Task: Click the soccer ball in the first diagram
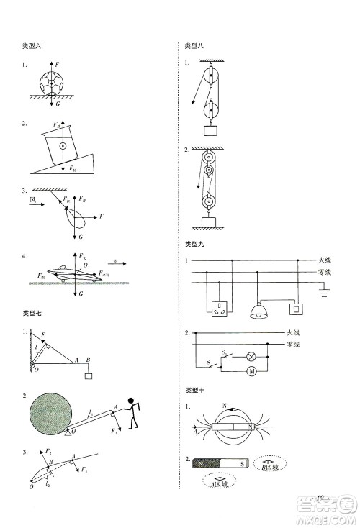(53, 83)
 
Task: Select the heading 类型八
(194, 46)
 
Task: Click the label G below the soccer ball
(58, 105)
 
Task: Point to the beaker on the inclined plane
(63, 147)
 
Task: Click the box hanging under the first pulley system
(210, 130)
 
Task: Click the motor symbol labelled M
(252, 371)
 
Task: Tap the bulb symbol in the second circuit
(253, 356)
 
